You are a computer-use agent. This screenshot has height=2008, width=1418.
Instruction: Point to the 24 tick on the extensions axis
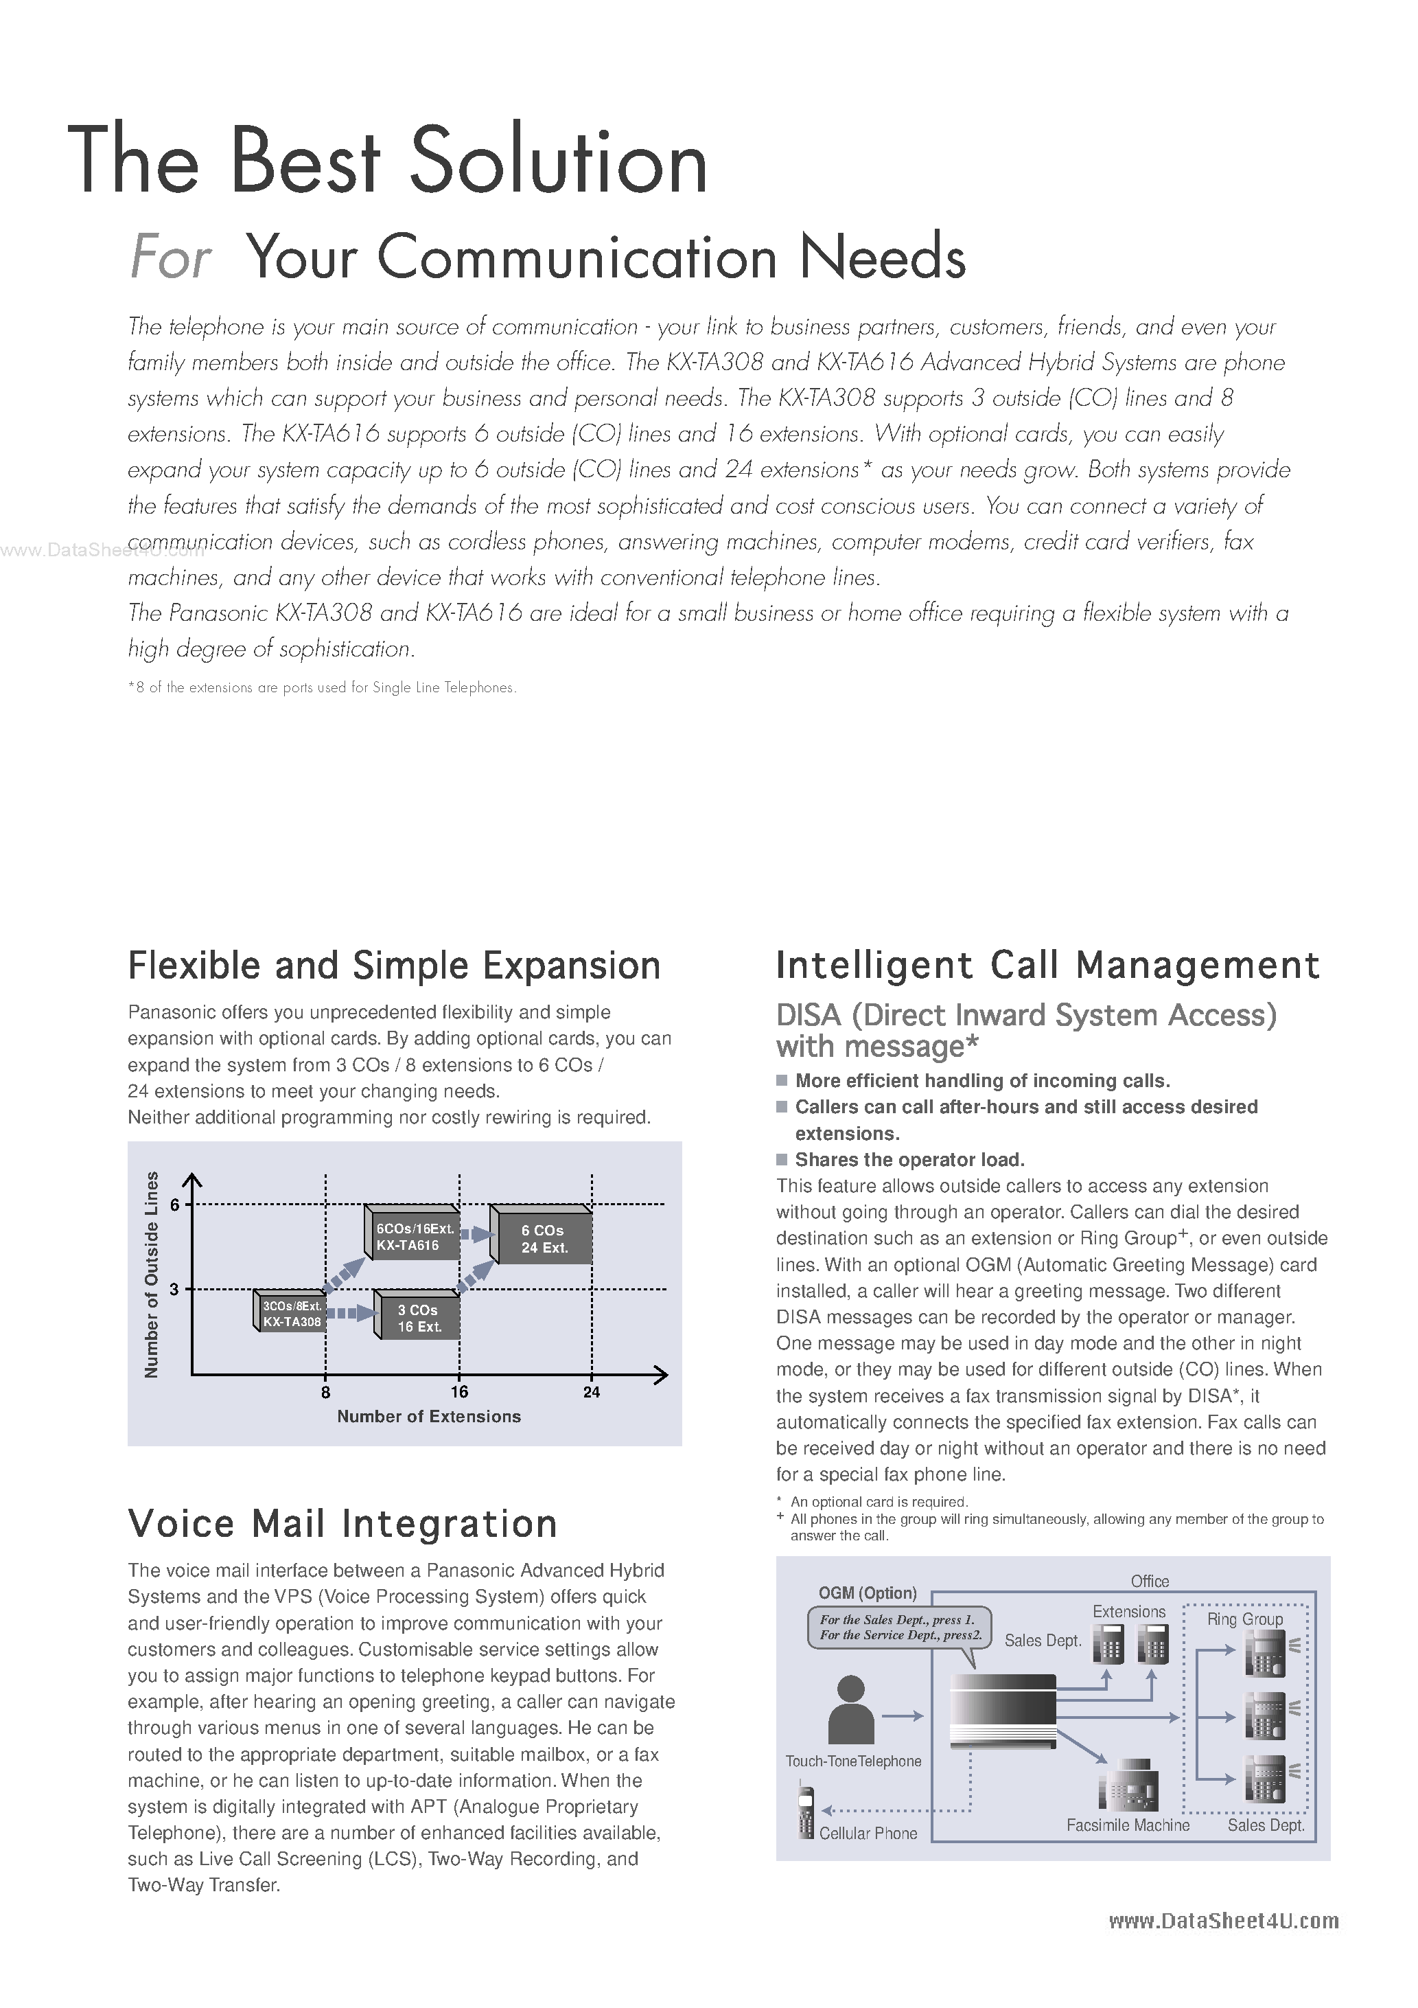(x=592, y=1391)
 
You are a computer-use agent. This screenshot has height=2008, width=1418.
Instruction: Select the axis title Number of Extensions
(x=428, y=1417)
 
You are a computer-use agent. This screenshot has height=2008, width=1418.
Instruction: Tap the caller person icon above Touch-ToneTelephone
(x=850, y=1710)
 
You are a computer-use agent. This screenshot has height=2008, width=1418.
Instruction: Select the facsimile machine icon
(x=1128, y=1784)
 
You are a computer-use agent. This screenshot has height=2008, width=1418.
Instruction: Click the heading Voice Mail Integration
(x=342, y=1523)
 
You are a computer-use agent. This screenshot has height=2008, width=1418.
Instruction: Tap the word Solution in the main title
(x=558, y=162)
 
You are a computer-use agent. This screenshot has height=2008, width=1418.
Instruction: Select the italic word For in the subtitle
(x=170, y=259)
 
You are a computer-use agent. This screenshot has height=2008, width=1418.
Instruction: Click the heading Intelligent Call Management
(x=1047, y=966)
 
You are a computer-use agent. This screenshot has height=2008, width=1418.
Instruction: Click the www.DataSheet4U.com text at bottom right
(x=1223, y=1921)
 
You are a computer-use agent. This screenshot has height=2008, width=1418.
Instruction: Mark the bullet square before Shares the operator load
(x=782, y=1160)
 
